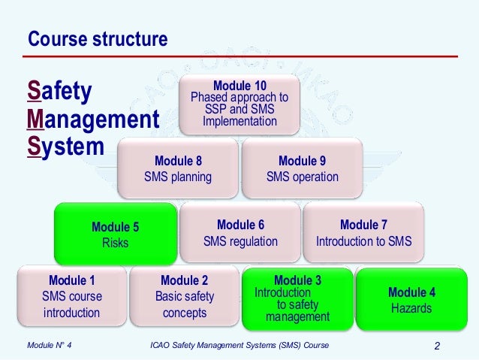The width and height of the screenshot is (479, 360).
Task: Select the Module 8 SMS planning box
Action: [178, 169]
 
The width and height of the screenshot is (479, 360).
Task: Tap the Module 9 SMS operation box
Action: [302, 169]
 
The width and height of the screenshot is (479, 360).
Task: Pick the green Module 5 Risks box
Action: [115, 234]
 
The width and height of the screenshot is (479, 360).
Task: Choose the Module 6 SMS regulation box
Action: [240, 233]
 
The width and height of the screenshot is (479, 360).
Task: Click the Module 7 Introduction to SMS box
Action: [363, 233]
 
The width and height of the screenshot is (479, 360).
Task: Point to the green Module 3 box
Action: [297, 298]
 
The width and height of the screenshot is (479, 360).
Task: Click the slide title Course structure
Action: [98, 38]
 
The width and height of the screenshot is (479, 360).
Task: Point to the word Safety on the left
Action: [59, 92]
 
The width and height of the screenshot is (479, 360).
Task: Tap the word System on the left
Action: [65, 146]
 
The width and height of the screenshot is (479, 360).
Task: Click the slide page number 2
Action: [437, 346]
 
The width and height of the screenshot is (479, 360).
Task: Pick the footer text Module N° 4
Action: [53, 346]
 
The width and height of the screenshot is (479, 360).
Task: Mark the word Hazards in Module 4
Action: [411, 308]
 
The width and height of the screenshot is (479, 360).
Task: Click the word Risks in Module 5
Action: [115, 243]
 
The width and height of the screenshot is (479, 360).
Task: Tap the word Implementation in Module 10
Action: [239, 121]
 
